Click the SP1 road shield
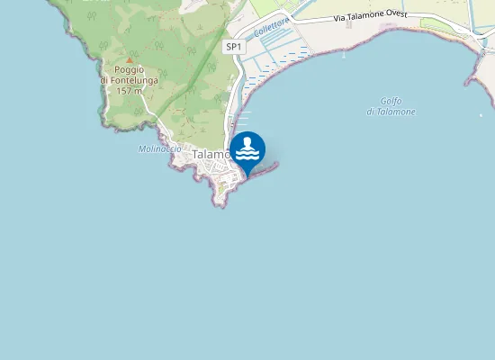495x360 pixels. pos(234,46)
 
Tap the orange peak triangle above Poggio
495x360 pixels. pos(129,59)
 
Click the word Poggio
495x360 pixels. pos(129,69)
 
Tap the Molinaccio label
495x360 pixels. pos(160,148)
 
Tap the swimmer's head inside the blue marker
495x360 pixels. pos(247,142)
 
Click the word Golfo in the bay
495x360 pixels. pos(391,100)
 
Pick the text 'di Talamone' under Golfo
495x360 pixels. pos(391,111)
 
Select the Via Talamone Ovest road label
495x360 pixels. pos(370,16)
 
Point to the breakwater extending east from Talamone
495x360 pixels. pos(267,166)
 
